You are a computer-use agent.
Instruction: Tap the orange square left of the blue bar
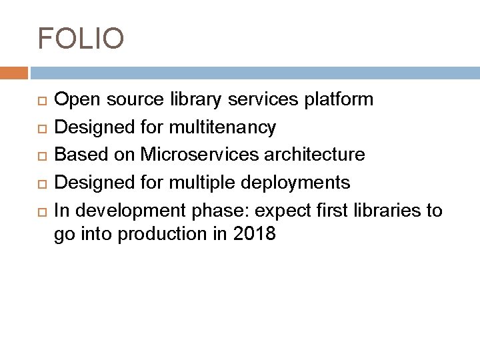coord(14,73)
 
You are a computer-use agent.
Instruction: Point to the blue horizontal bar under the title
coord(253,73)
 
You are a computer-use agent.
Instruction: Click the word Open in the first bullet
coord(74,100)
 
